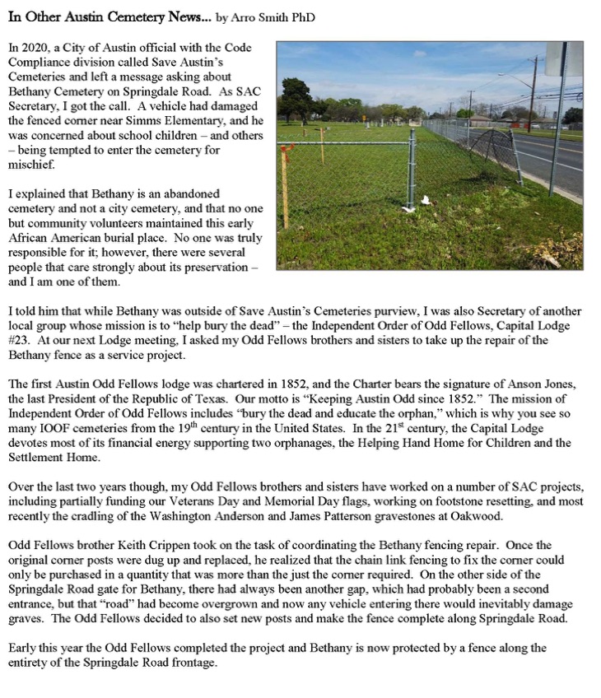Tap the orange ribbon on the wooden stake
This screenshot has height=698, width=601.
click(287, 151)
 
